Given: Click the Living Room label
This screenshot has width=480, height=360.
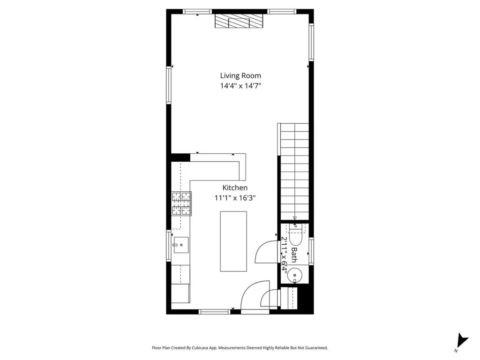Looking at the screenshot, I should coord(240,75).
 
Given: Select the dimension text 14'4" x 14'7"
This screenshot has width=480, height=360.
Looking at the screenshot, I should coord(240,86).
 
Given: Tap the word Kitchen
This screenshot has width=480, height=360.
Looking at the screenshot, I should coord(235,187).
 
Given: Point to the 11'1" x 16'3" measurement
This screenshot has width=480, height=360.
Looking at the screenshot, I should coord(235,198).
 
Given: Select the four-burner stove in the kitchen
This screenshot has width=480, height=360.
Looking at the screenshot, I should coord(181,204).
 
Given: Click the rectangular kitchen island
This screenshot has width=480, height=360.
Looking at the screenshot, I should coord(233,241).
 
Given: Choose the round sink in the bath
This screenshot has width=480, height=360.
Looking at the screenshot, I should coord(295,274).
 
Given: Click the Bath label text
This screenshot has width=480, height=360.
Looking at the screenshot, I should coord(294,255).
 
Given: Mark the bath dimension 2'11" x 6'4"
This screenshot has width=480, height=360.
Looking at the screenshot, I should coord(284,255).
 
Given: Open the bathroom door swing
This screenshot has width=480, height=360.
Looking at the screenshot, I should coord(265,252).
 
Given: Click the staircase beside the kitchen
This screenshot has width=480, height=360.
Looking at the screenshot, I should coord(294,171).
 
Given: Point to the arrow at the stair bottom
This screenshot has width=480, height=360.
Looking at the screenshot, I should coord(294,218).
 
